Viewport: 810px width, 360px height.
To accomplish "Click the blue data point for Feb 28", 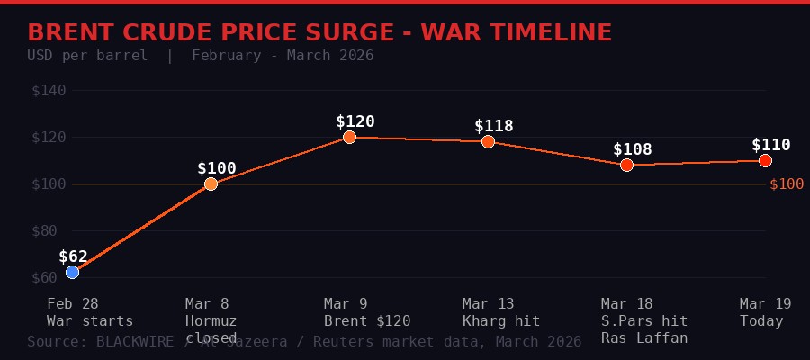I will point(72,272).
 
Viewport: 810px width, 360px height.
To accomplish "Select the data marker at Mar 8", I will point(211,184).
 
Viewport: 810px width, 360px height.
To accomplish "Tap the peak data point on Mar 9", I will point(349,137).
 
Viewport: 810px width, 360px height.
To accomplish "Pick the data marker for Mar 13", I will point(488,141).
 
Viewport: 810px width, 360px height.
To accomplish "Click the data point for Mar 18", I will point(626,165).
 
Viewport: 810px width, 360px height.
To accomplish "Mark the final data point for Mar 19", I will point(765,160).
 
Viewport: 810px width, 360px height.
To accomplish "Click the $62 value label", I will point(74,256).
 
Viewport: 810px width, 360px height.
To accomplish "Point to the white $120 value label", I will point(355,121).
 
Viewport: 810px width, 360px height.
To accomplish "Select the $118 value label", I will point(493,126).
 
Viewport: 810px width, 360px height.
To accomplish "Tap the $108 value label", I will point(632,149).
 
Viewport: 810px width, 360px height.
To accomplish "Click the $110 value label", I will point(770,145).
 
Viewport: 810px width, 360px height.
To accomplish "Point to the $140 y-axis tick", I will point(49,91).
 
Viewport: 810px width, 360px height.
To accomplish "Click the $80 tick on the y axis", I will point(49,230).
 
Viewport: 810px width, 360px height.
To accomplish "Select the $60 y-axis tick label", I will point(49,277).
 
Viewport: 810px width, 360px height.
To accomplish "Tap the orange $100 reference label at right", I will point(787,184).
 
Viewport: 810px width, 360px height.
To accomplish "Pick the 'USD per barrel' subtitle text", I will point(87,56).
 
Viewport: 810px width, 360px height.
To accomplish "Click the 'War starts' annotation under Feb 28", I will point(90,321).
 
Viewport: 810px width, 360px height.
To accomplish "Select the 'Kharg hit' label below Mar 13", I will point(501,321).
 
